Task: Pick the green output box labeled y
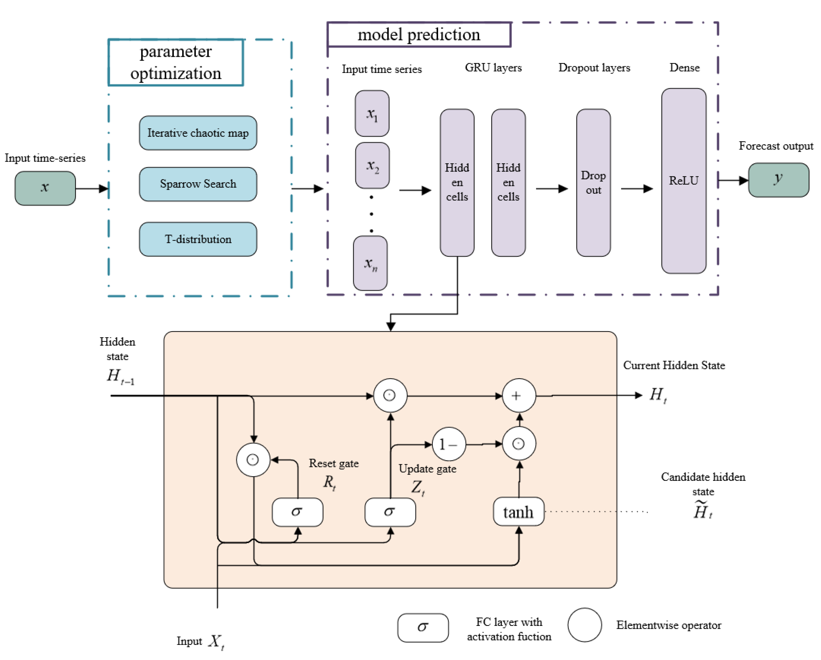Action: (778, 180)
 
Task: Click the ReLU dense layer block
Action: (684, 181)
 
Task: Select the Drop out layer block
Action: (593, 183)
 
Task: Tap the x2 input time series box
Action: (372, 165)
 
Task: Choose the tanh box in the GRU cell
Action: (518, 512)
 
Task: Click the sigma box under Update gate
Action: (390, 512)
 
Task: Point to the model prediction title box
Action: (419, 35)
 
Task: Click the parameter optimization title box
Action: (175, 62)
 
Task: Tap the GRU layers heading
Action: (493, 67)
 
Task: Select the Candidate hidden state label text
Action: (703, 484)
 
